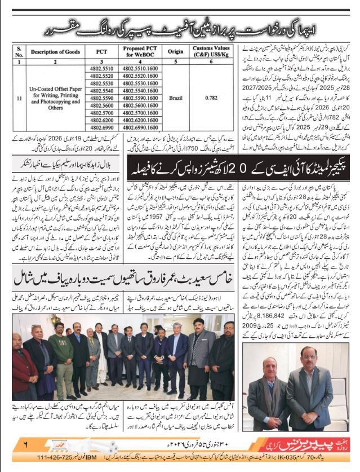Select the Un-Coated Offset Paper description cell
pos(51,97)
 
